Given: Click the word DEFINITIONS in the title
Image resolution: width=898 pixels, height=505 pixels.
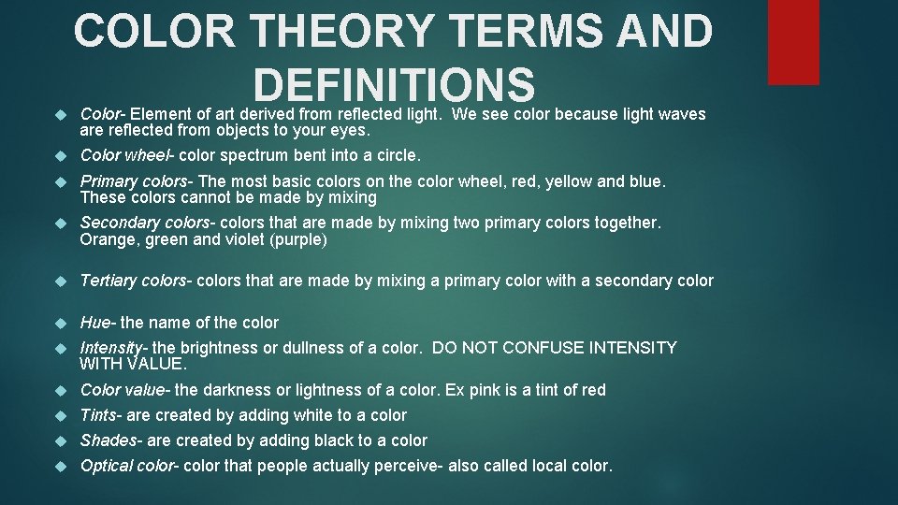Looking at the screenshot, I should coord(393,84).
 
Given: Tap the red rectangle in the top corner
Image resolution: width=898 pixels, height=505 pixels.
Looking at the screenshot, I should coord(792,42).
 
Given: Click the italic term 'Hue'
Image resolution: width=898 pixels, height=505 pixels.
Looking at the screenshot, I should coord(95,323).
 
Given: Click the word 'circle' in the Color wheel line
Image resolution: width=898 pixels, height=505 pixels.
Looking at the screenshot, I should coord(394,155).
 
